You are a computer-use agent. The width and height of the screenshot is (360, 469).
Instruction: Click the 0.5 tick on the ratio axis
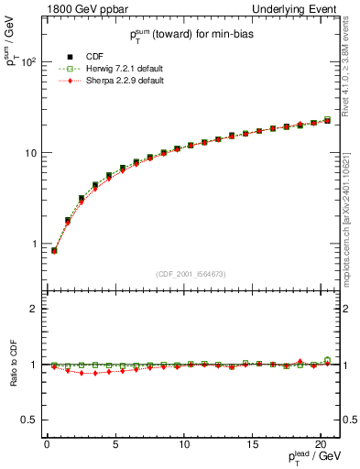(30, 420)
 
